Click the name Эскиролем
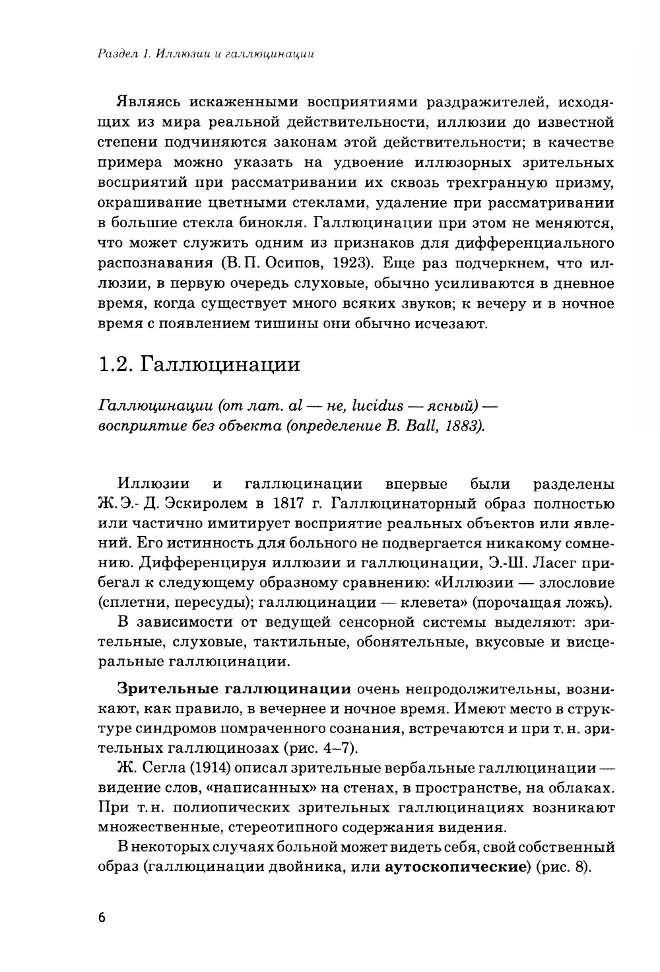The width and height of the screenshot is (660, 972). [201, 505]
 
